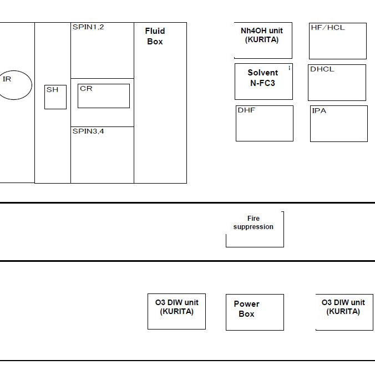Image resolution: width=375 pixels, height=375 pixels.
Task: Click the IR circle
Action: click(x=32, y=85)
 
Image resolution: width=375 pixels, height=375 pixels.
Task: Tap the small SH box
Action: click(x=55, y=97)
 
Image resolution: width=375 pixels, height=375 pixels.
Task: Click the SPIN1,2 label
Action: click(x=88, y=27)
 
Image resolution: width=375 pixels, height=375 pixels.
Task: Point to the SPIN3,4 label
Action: click(x=88, y=131)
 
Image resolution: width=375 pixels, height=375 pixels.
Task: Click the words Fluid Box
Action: click(x=155, y=36)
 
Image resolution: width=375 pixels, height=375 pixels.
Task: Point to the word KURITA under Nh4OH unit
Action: click(x=262, y=40)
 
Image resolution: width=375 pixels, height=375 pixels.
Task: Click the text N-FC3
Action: click(x=262, y=83)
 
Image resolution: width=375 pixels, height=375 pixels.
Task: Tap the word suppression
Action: click(x=254, y=227)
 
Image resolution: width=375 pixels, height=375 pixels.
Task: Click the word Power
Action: click(x=246, y=304)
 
